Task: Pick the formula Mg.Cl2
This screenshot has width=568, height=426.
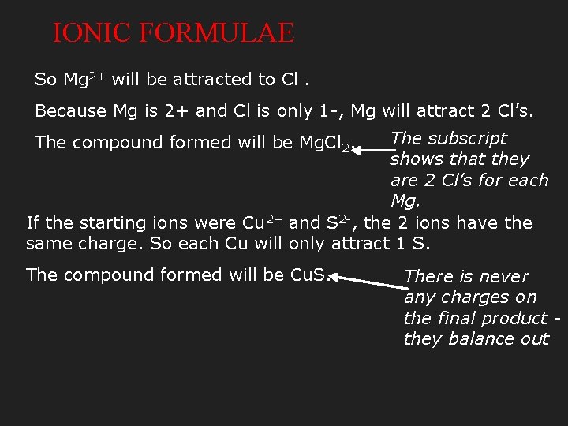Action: pos(326,144)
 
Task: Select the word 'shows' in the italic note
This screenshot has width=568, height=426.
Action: pos(416,159)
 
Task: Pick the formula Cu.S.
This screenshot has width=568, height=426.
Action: pos(309,275)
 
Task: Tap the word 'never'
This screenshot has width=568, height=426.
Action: pos(502,277)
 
